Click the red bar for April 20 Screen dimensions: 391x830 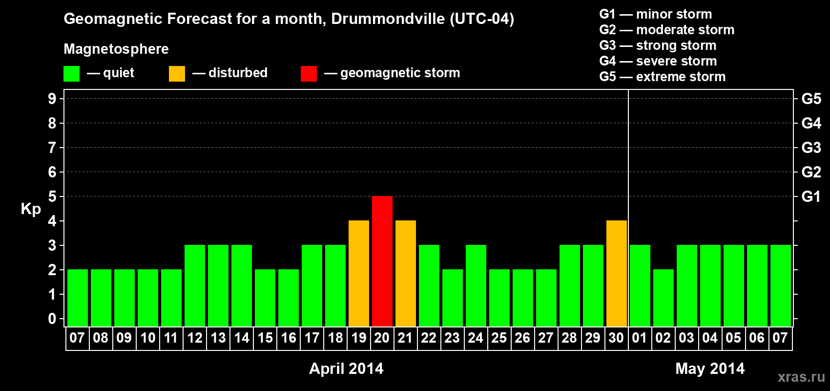[382, 261]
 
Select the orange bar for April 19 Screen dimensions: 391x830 [359, 273]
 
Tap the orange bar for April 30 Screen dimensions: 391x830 [617, 273]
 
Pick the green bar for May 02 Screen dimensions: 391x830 [664, 298]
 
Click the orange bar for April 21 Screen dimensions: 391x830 [406, 273]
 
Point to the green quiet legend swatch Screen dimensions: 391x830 [71, 74]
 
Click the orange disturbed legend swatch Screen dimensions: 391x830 [177, 74]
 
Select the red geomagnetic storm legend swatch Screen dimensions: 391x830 [309, 74]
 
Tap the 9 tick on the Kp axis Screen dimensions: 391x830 [52, 99]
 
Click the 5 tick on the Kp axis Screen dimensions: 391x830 [52, 196]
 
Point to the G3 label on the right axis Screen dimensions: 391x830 [811, 148]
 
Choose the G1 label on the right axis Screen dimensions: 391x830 [811, 196]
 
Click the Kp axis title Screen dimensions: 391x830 [31, 209]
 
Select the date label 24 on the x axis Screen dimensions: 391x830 [476, 338]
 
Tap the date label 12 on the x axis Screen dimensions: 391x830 [195, 338]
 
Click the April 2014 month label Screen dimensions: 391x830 [346, 369]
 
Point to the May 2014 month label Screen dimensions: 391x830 [710, 369]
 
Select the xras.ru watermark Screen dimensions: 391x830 [801, 377]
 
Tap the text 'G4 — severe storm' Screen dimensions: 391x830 [658, 61]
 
